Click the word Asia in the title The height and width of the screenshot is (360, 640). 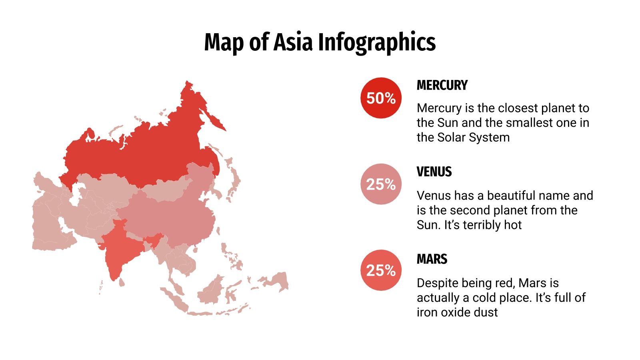click(x=292, y=42)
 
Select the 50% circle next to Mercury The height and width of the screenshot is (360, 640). click(x=381, y=98)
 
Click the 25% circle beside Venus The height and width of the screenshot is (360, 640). click(x=381, y=184)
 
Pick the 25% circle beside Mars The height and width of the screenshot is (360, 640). click(x=381, y=270)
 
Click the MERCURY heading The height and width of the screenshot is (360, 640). click(x=442, y=85)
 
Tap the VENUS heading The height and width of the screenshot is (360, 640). click(x=434, y=172)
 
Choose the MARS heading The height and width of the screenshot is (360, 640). click(x=432, y=259)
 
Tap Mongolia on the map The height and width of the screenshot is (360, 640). click(x=168, y=190)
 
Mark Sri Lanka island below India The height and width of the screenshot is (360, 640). click(x=122, y=282)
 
